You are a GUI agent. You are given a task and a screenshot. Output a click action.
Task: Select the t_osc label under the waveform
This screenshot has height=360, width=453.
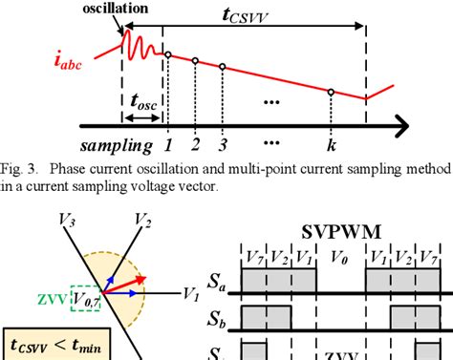141,103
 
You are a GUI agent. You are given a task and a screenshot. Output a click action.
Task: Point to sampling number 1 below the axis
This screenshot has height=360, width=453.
167,146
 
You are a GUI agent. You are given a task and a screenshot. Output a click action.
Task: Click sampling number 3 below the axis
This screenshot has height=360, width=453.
223,146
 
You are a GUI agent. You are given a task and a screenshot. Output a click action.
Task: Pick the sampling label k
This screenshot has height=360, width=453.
331,146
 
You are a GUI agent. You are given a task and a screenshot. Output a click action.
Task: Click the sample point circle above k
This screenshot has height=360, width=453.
331,91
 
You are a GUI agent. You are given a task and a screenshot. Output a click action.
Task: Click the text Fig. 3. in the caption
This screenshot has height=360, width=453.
21,168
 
